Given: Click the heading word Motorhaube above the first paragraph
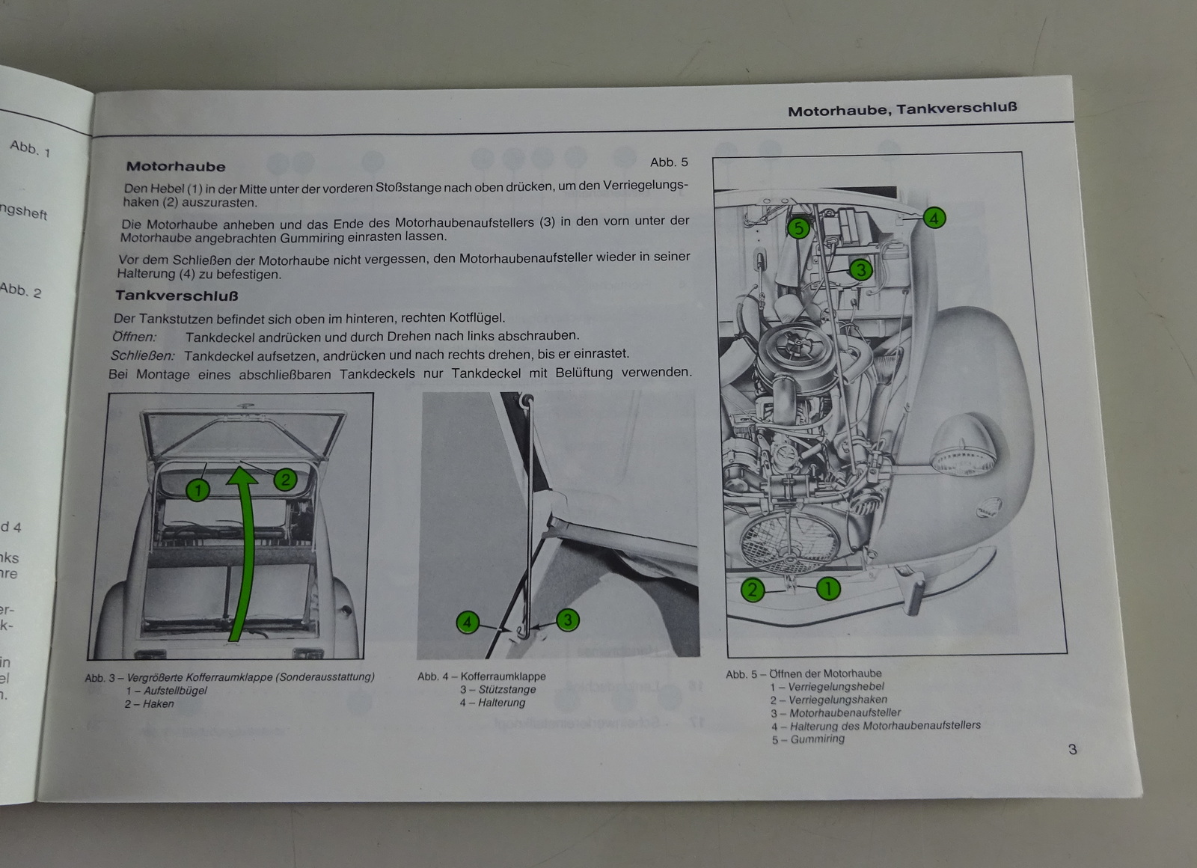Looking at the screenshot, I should (176, 166).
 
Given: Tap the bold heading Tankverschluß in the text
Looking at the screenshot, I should (177, 296).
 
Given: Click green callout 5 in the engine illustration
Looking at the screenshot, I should (798, 228).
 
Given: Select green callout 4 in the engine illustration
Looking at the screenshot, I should (934, 218).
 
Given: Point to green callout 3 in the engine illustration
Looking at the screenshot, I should (861, 269).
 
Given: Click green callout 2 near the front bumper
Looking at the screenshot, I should (753, 590).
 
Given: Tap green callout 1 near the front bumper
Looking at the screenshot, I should (828, 589).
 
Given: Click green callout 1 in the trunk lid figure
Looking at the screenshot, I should (198, 491).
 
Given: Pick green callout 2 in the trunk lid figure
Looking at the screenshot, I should (284, 480).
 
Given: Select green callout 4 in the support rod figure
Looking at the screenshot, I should (467, 623).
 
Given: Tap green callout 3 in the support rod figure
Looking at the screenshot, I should (568, 620).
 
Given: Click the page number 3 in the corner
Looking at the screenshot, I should (1073, 749).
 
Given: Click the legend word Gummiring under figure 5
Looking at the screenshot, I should (818, 739).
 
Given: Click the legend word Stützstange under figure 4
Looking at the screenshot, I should (507, 689).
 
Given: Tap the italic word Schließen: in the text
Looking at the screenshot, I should (143, 355).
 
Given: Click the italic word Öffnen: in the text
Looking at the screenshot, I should (135, 337).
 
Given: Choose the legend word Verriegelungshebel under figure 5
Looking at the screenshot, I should (836, 686).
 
